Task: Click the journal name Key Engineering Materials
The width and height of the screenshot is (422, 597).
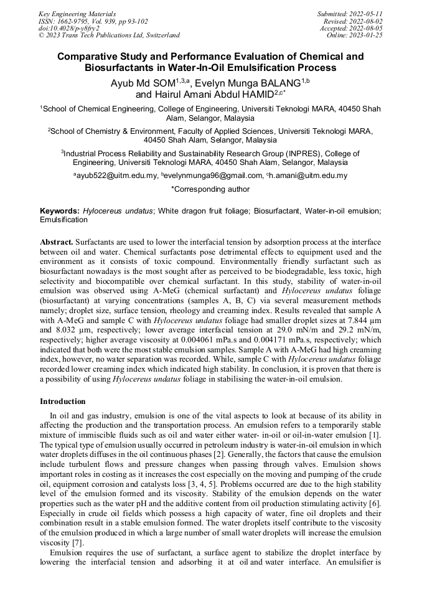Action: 78,13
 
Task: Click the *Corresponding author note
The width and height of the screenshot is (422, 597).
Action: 210,189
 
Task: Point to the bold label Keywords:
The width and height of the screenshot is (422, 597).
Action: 60,211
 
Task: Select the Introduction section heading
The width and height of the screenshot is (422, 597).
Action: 63,402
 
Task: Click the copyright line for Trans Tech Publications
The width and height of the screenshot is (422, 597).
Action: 110,35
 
